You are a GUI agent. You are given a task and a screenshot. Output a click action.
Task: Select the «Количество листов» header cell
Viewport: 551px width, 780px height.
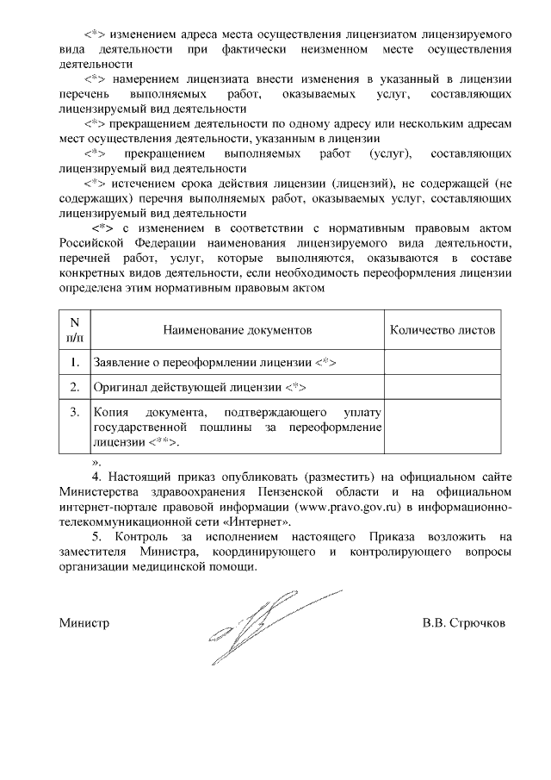point(443,329)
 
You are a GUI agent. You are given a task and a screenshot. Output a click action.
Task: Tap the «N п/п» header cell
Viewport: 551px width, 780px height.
point(75,329)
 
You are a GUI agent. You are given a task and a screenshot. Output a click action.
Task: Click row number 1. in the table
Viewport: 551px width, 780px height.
point(75,361)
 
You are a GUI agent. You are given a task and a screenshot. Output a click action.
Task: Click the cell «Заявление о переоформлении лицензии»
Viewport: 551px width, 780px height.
point(214,361)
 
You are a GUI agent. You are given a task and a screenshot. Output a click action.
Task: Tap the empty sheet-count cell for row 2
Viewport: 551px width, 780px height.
point(443,386)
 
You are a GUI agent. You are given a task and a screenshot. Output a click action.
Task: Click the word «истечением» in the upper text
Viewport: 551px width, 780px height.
point(145,184)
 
